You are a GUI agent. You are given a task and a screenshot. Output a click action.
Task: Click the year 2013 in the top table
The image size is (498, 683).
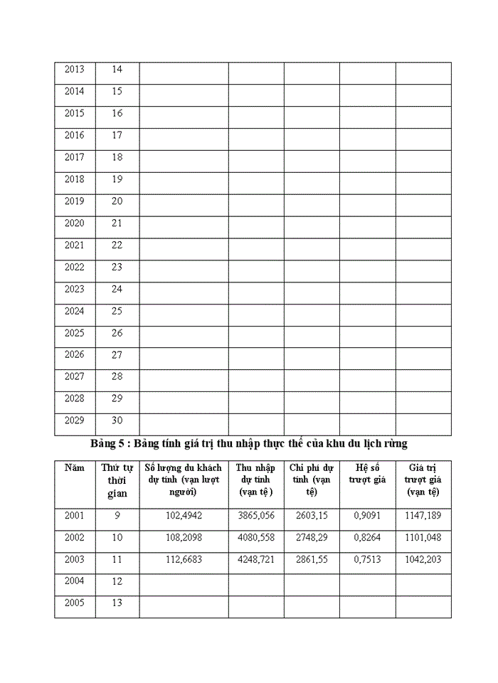(x=74, y=69)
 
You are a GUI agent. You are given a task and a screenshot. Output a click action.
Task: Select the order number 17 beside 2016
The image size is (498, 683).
(x=117, y=135)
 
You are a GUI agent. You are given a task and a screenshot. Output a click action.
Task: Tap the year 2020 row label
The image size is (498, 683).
(x=74, y=223)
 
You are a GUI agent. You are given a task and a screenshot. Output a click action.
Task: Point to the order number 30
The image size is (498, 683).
(x=117, y=420)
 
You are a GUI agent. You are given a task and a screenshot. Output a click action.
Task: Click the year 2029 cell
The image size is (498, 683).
(x=74, y=420)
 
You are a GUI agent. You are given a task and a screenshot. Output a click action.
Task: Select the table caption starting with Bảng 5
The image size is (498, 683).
(x=249, y=444)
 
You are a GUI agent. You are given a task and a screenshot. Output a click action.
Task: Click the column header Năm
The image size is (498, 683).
(x=74, y=467)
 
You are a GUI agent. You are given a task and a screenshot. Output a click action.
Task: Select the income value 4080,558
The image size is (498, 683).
(x=255, y=538)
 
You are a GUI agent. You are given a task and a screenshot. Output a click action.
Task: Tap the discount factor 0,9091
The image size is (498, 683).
(x=367, y=516)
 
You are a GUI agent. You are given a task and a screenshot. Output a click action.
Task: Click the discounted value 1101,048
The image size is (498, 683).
(x=423, y=538)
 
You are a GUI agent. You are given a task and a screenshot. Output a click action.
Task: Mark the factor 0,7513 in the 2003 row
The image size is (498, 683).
(x=367, y=560)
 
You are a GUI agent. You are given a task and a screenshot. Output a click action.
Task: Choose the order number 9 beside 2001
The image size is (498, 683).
(x=117, y=516)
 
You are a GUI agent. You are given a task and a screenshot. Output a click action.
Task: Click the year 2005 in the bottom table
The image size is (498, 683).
(x=74, y=603)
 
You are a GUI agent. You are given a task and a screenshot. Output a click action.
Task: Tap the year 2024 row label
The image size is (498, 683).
(x=74, y=311)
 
